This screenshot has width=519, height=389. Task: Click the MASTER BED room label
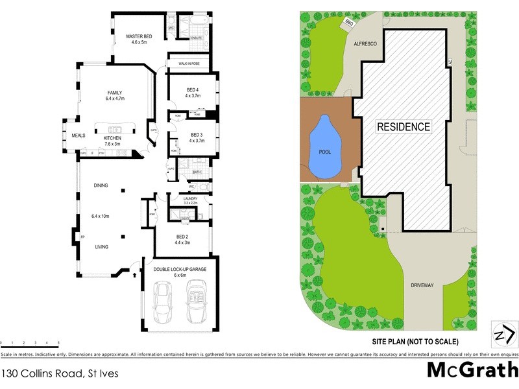(x=139, y=37)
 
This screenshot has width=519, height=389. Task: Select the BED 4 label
(x=193, y=89)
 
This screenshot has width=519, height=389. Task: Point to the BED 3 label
(x=197, y=134)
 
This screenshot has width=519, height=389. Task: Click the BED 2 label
(x=182, y=237)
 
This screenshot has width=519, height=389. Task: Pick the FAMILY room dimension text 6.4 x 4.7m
(x=114, y=99)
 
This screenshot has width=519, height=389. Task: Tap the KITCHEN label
(x=112, y=138)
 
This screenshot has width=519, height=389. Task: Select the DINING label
(x=101, y=185)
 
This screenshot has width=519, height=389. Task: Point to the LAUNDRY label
(x=190, y=198)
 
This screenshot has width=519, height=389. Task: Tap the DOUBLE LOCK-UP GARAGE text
(x=180, y=268)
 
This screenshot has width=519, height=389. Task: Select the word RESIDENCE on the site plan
(x=404, y=127)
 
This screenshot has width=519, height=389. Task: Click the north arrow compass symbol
(x=503, y=334)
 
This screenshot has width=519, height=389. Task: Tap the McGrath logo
(x=472, y=370)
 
